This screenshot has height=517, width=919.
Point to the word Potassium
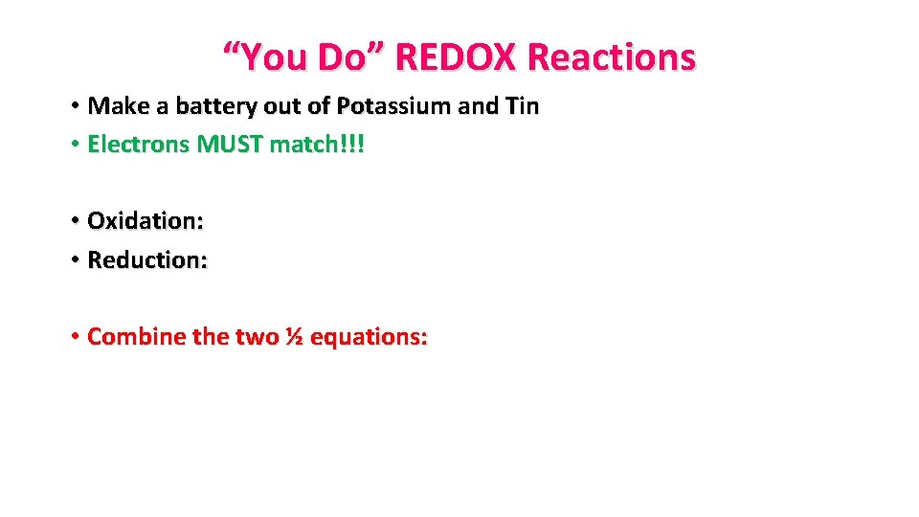[394, 106]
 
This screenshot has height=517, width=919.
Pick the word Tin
[521, 105]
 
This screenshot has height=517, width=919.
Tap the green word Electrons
[139, 145]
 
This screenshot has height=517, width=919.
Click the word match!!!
[318, 145]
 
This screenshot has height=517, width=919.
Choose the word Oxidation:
[145, 221]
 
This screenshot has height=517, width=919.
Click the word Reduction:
[146, 259]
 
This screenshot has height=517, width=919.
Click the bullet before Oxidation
[74, 221]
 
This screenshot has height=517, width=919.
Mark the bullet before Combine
[74, 337]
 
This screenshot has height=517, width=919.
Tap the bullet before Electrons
[74, 145]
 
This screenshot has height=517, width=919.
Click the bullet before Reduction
[74, 259]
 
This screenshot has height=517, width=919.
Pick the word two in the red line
[257, 337]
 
